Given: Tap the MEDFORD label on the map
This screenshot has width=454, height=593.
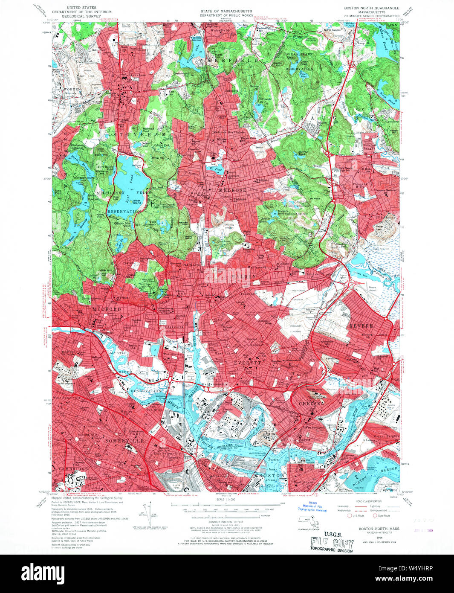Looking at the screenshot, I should (107, 309).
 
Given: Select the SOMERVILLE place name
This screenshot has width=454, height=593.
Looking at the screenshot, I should (128, 440).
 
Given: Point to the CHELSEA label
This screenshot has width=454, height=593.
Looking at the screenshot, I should (311, 403).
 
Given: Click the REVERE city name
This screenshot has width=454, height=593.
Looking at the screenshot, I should (361, 326).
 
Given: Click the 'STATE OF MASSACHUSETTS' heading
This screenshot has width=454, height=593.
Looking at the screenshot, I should (226, 11).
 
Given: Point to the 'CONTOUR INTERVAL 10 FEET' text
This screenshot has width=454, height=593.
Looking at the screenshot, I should (226, 521).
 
